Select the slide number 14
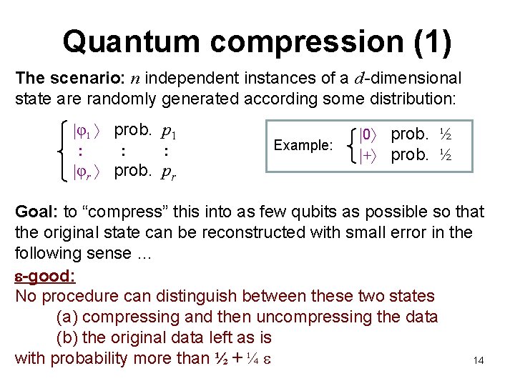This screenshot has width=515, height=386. click(479, 361)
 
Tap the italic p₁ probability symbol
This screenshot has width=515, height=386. click(170, 132)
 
